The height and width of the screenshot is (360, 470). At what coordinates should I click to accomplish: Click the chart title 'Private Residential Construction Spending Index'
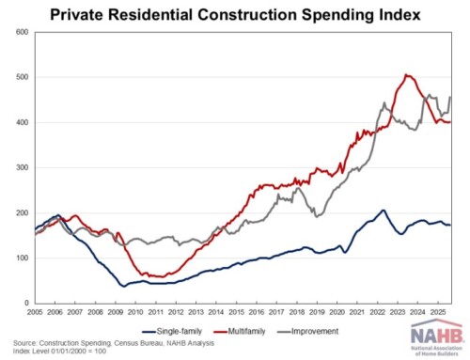[x=235, y=14]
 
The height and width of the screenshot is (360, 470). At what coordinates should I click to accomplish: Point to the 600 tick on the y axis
[x=21, y=32]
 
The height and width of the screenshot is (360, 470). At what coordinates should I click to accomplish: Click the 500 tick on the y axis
[x=21, y=77]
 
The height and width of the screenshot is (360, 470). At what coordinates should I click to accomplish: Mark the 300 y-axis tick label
[x=21, y=167]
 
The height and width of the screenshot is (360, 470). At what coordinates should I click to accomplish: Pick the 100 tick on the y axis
[x=21, y=258]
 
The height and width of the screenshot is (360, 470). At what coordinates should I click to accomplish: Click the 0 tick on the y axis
[x=25, y=303]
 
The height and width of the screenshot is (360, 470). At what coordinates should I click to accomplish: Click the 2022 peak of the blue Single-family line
[x=383, y=211]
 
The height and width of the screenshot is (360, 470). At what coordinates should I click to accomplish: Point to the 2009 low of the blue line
[x=122, y=286]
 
